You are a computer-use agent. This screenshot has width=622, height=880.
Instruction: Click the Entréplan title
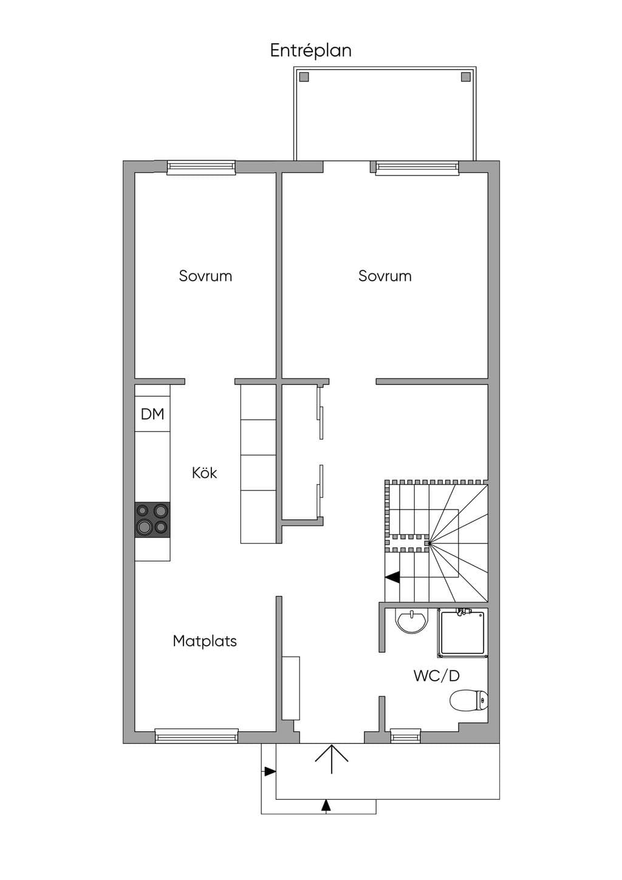click(310, 50)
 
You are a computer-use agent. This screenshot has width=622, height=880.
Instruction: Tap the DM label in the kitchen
click(152, 414)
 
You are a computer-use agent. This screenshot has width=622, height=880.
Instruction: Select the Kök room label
click(204, 472)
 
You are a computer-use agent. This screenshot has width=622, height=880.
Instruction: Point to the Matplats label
click(205, 641)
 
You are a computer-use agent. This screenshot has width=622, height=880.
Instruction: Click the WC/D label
click(437, 676)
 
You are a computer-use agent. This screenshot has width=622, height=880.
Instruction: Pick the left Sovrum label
click(205, 276)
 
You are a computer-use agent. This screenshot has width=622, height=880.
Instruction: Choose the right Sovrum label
click(385, 276)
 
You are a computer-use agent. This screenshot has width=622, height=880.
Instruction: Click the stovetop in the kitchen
click(152, 519)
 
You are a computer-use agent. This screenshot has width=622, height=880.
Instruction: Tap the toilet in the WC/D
click(469, 701)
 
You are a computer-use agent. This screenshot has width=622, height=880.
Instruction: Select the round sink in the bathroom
click(411, 622)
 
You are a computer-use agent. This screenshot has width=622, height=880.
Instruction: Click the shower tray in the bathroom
click(463, 633)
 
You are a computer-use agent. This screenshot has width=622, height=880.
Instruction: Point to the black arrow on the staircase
click(392, 577)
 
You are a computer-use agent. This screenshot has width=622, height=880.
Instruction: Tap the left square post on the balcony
click(304, 77)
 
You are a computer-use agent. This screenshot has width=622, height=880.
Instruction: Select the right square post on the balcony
click(466, 77)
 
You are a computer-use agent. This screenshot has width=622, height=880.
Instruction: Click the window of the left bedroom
click(201, 168)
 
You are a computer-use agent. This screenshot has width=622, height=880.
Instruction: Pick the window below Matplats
click(196, 736)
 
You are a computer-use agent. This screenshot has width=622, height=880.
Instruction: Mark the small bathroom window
click(406, 736)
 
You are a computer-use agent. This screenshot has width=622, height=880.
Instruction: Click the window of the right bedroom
click(417, 168)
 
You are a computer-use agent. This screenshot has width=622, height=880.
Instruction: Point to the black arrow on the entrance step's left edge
click(270, 771)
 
